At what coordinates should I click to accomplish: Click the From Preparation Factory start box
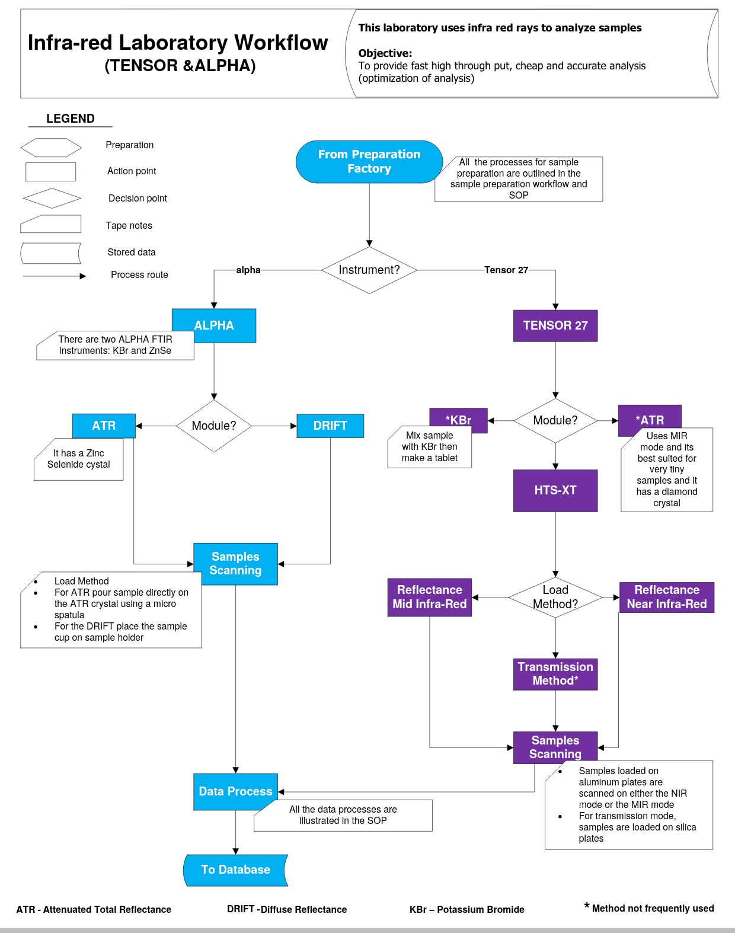[x=369, y=161]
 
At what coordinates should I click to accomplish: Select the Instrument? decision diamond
[x=369, y=270]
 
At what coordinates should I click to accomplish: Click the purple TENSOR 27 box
[x=555, y=325]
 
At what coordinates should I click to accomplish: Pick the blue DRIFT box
[x=330, y=426]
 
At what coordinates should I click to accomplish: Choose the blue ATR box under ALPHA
[x=104, y=426]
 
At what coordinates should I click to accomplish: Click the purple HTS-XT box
[x=555, y=490]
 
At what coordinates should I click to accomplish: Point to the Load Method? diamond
[x=555, y=597]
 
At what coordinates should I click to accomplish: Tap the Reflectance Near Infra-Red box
[x=666, y=597]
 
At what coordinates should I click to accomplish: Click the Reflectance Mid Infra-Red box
[x=429, y=597]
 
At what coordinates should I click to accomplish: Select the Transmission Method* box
[x=555, y=674]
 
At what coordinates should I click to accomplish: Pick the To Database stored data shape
[x=235, y=870]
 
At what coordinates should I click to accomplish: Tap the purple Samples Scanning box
[x=555, y=747]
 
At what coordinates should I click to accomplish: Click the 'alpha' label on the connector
[x=248, y=270]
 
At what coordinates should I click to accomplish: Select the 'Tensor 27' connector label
[x=506, y=270]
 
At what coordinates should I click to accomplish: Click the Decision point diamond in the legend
[x=52, y=198]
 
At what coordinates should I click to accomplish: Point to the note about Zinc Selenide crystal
[x=78, y=459]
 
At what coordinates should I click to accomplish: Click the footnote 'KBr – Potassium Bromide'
[x=466, y=909]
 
